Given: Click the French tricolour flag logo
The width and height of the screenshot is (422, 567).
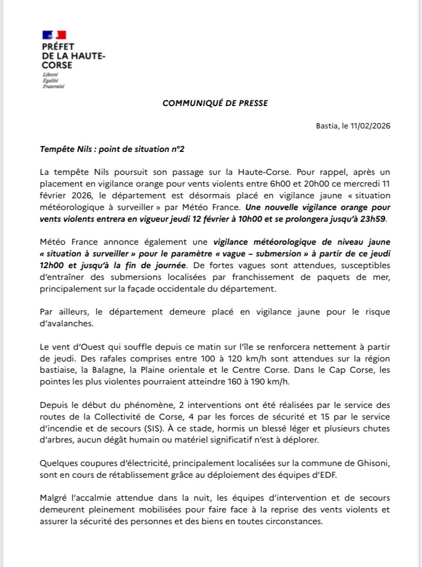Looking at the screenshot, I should (54, 35).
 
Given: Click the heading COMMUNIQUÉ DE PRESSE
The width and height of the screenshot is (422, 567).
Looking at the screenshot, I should (215, 103).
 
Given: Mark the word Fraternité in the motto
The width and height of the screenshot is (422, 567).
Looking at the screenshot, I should (53, 86).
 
